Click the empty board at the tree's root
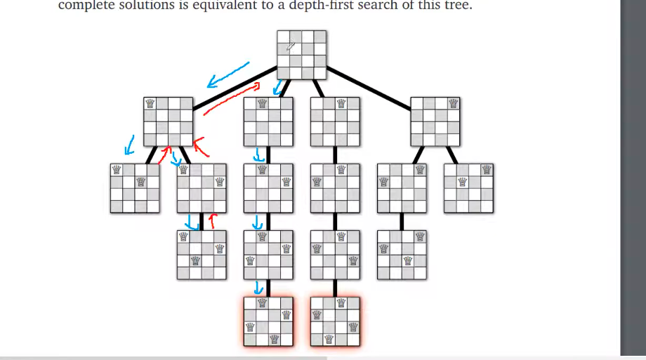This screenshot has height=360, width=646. pos(301,55)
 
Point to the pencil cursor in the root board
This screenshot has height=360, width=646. pos(291,47)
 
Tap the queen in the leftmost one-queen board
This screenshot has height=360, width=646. pos(150,103)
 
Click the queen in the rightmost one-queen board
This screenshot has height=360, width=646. pos(454,103)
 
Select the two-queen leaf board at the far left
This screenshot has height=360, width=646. pos(135,188)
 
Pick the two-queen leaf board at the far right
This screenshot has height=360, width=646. pos(468,188)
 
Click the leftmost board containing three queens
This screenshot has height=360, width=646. pos(202,255)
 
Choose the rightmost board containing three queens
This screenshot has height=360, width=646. pos(402,255)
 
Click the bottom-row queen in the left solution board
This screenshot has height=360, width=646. pos(274,340)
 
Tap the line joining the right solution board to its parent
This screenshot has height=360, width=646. pos(335,288)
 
